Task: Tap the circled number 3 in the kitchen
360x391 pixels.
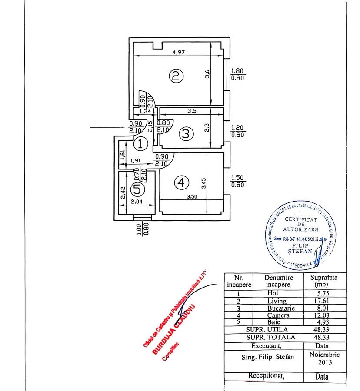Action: (x=186, y=134)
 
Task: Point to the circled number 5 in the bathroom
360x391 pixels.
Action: (x=137, y=189)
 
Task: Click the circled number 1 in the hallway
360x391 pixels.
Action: (x=140, y=143)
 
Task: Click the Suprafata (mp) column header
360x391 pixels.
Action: (x=322, y=281)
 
